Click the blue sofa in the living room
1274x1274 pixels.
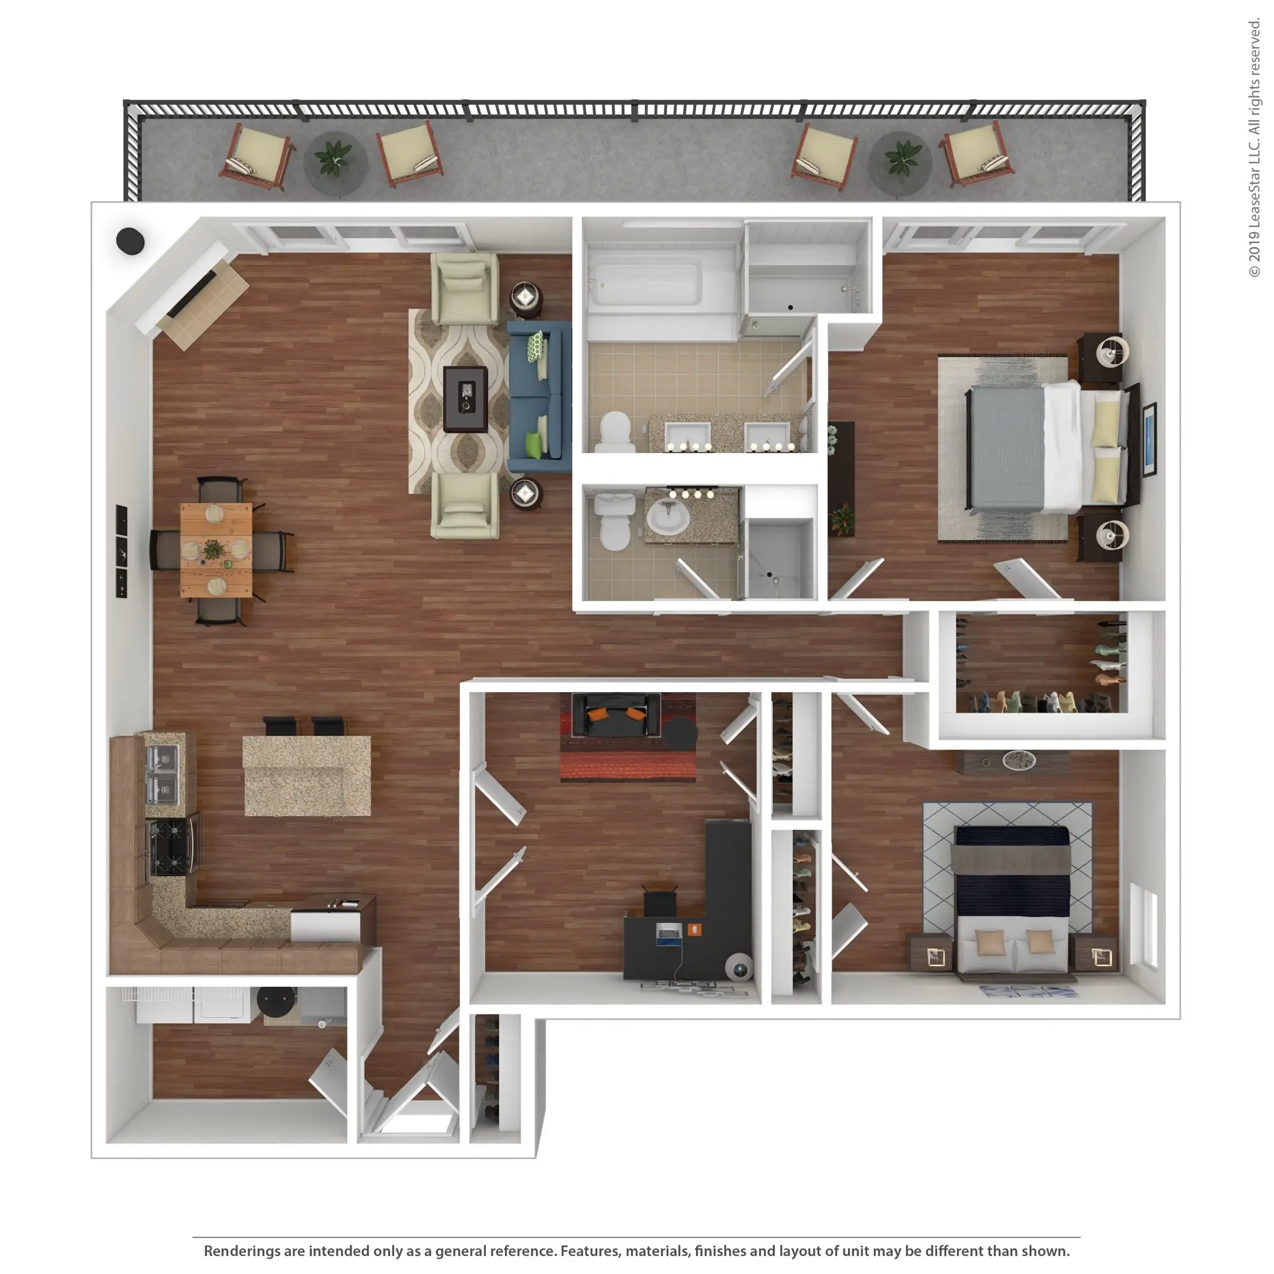[539, 397]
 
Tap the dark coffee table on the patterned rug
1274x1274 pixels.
[465, 399]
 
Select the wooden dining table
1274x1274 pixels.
[216, 550]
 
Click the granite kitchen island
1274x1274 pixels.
[307, 775]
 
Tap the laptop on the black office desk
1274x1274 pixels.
[669, 934]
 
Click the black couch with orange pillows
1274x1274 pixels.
[616, 715]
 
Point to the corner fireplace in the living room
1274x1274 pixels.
[192, 296]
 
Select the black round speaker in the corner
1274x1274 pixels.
[130, 241]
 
